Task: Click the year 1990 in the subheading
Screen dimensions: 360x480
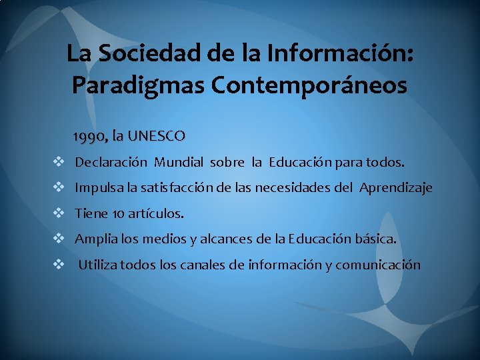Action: pyautogui.click(x=89, y=137)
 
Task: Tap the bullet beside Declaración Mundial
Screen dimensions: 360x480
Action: pyautogui.click(x=59, y=162)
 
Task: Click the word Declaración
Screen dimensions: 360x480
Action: pyautogui.click(x=111, y=162)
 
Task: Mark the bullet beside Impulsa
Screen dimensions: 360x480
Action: pyautogui.click(x=59, y=188)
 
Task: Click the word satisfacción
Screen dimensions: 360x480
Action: pyautogui.click(x=175, y=188)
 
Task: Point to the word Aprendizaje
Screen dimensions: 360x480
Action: pyautogui.click(x=396, y=188)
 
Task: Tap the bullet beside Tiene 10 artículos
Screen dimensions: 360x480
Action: pyautogui.click(x=59, y=213)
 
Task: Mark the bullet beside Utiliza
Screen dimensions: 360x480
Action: pyautogui.click(x=59, y=265)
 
